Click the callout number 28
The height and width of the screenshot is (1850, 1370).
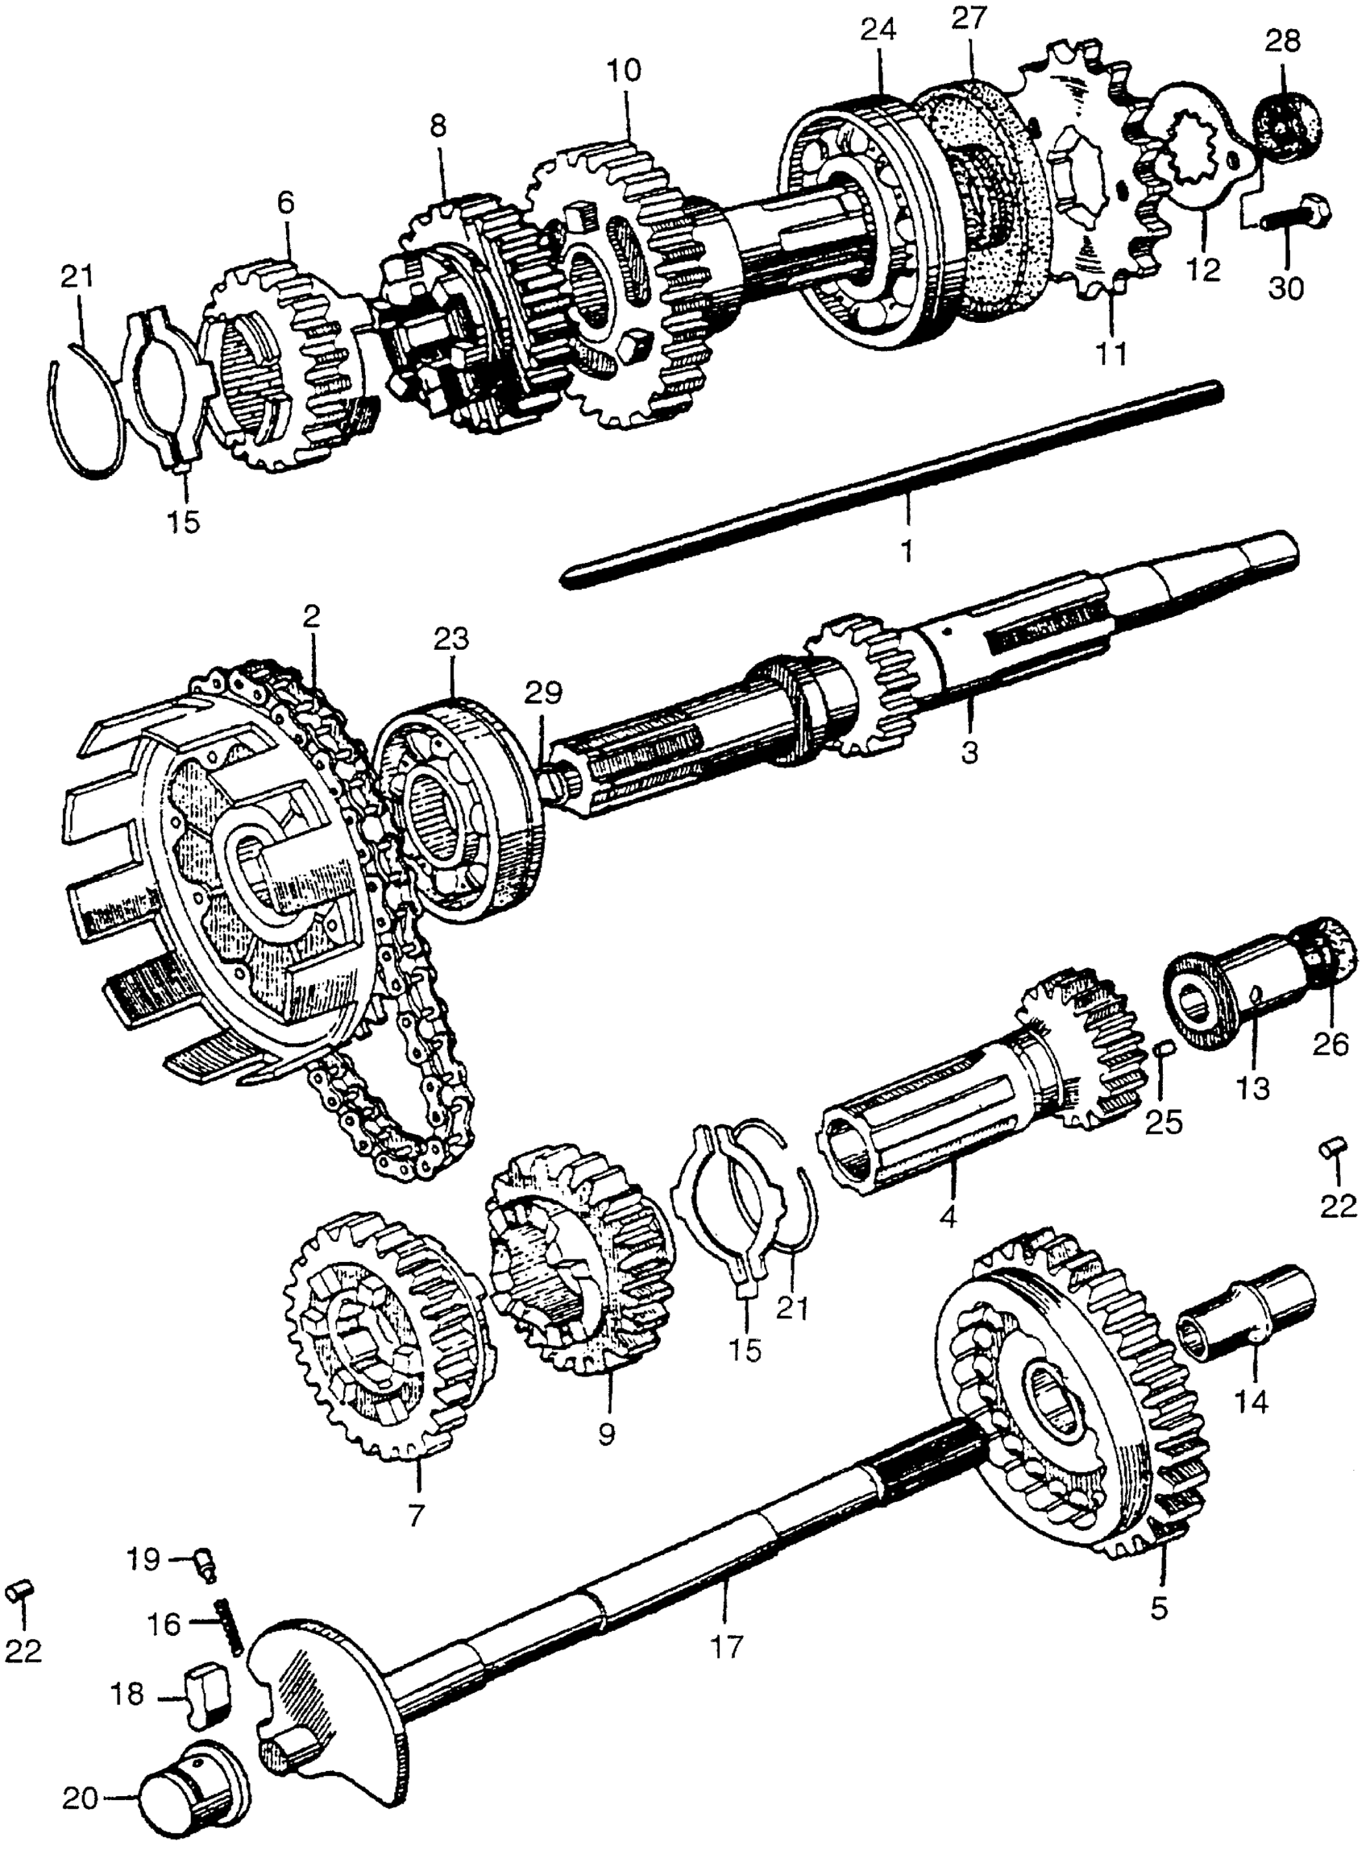(1283, 39)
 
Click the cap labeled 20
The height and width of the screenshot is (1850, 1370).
(195, 1794)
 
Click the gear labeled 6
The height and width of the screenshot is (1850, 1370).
(286, 365)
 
